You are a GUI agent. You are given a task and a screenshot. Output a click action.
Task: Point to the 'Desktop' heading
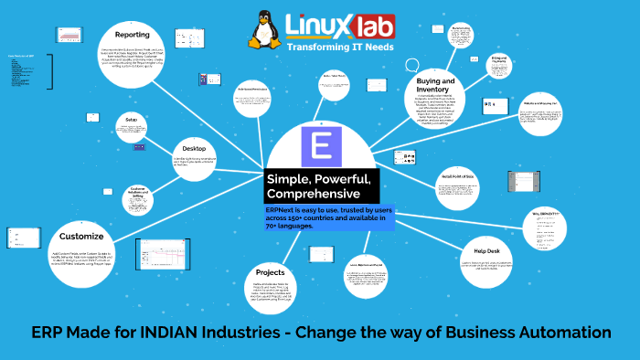[x=194, y=147]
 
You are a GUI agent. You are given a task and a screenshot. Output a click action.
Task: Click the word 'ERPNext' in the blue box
[x=283, y=211]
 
